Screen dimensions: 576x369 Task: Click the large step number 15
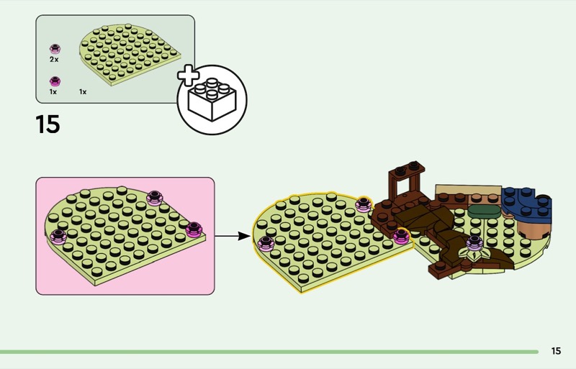pos(48,124)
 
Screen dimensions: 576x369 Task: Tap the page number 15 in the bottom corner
pos(556,351)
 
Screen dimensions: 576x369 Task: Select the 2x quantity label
pos(54,60)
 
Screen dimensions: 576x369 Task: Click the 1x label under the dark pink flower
pos(53,92)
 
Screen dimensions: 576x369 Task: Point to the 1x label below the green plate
pos(83,92)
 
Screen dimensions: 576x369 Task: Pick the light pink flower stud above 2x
pos(55,49)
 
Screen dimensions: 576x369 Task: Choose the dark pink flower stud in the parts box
pos(55,81)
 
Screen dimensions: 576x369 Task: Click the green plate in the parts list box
pos(130,55)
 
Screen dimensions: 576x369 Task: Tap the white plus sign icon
pos(189,76)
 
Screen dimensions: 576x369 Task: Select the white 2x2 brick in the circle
pos(212,99)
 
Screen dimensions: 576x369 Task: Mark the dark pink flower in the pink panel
pos(194,229)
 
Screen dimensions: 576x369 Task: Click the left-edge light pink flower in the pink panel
pos(58,237)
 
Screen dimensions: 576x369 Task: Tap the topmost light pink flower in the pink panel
pos(155,198)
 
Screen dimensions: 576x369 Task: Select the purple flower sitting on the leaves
pos(474,242)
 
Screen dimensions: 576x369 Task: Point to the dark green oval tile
pos(484,211)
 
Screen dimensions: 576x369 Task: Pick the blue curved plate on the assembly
pos(526,206)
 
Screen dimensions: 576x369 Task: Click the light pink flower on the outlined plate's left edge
pos(266,244)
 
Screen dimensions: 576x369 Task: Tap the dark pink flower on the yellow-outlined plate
pos(401,236)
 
